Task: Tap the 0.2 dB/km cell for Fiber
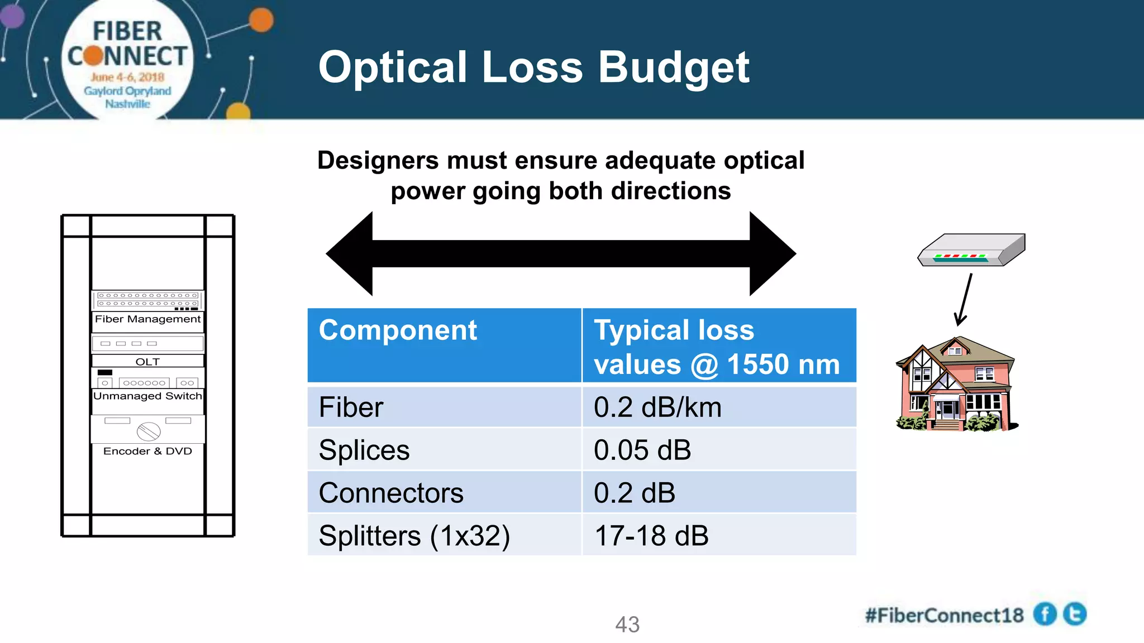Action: coord(657,407)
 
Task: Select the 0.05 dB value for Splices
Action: coord(642,450)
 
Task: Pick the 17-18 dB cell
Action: coord(651,536)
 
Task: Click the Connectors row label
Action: coord(391,493)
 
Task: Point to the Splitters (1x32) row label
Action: coord(414,536)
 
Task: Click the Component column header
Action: coord(398,330)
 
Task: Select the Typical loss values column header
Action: coord(717,347)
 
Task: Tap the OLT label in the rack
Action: coord(147,362)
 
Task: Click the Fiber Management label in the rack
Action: coord(147,319)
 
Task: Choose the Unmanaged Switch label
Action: coord(147,396)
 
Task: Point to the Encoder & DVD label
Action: coord(147,451)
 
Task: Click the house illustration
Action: coord(955,385)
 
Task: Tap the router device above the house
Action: coord(972,250)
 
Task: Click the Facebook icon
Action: coord(1045,615)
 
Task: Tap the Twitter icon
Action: coord(1075,614)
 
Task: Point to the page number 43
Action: coord(627,625)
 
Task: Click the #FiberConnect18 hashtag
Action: coord(944,616)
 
